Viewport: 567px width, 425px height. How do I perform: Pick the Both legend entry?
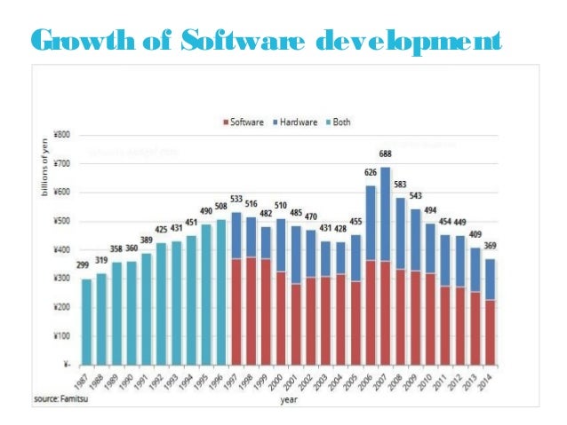(341, 122)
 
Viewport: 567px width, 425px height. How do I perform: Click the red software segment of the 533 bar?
(237, 311)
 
